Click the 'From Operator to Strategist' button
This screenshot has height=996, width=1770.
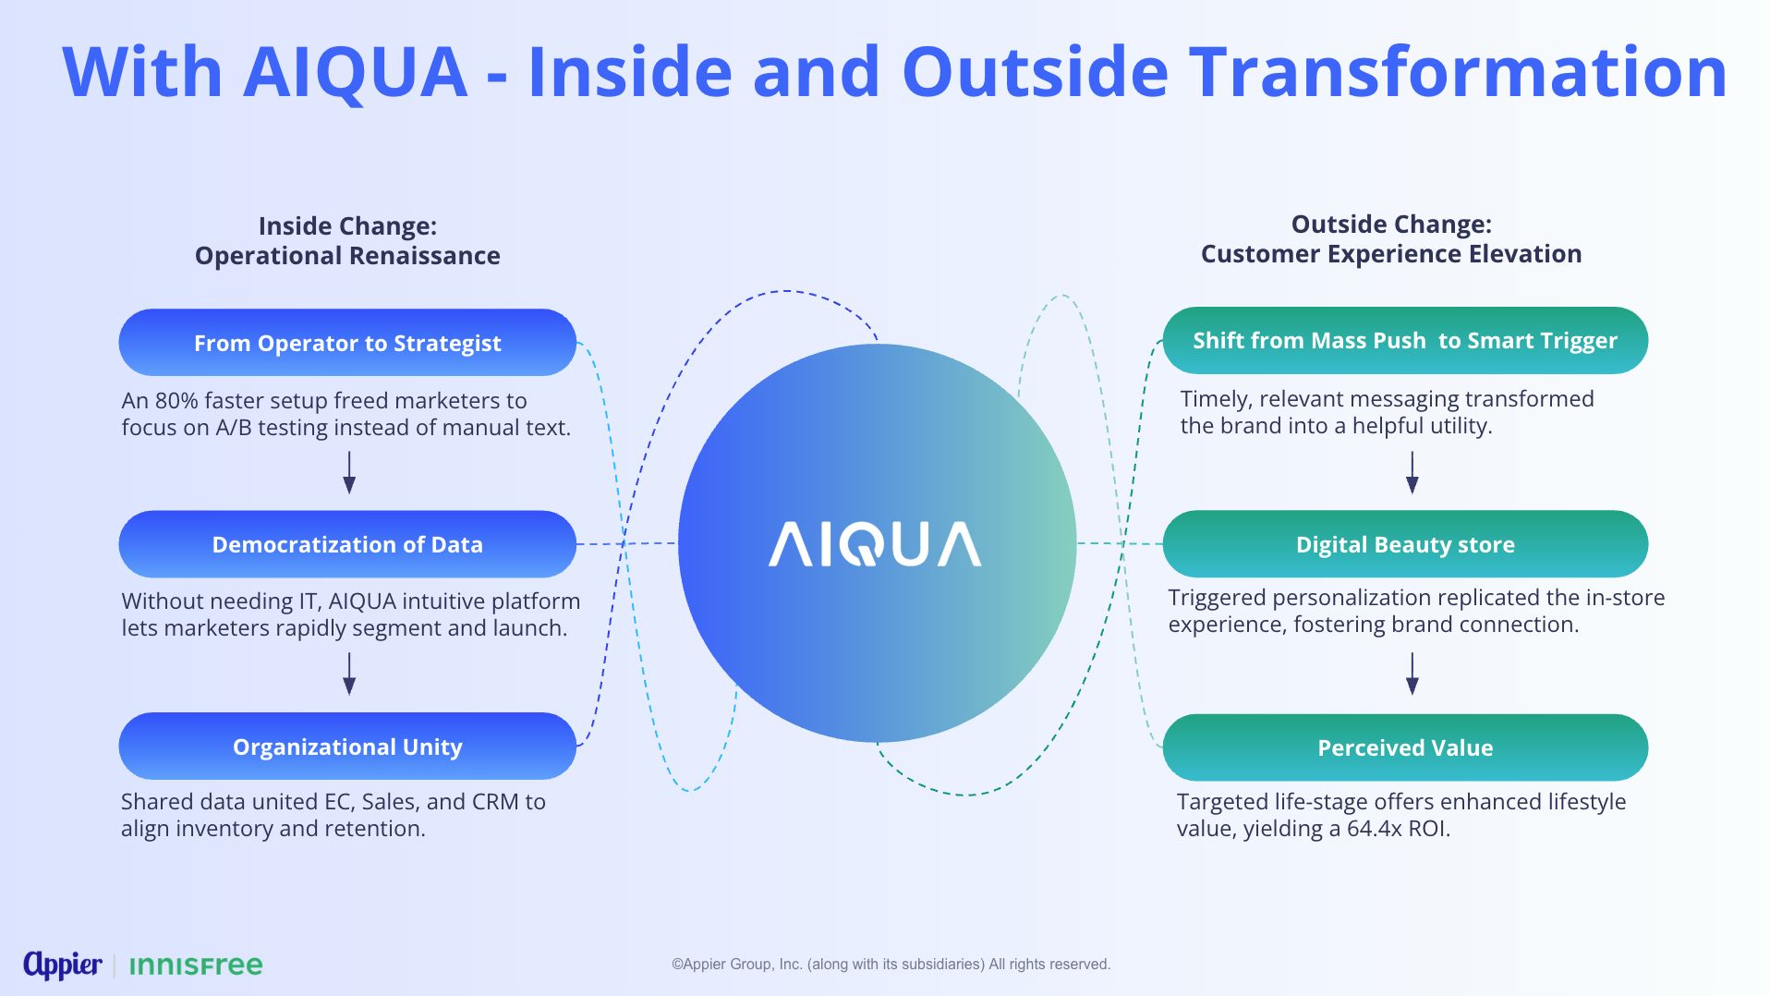[347, 343]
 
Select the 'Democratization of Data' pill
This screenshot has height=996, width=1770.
[347, 544]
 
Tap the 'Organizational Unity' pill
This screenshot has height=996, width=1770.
[347, 747]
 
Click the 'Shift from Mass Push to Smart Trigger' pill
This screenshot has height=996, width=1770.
[1405, 341]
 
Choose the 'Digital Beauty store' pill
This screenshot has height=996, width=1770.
[1405, 544]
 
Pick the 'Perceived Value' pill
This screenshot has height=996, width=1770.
[1405, 747]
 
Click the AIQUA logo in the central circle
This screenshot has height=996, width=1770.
[875, 544]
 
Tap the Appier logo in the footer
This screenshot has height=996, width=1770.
[62, 965]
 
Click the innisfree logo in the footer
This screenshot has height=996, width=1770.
[196, 966]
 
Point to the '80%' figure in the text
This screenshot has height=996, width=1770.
[176, 401]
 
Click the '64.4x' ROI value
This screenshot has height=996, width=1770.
[1375, 829]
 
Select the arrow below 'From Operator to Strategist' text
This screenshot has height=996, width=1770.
[349, 472]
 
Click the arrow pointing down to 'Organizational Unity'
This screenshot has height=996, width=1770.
[349, 674]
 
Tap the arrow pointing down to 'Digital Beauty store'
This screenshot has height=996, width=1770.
[1412, 472]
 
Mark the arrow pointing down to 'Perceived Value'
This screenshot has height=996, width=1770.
[1412, 674]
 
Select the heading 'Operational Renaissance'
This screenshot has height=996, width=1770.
[347, 256]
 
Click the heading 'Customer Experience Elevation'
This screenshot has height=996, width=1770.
[1391, 254]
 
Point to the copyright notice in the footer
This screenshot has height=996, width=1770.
[891, 965]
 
